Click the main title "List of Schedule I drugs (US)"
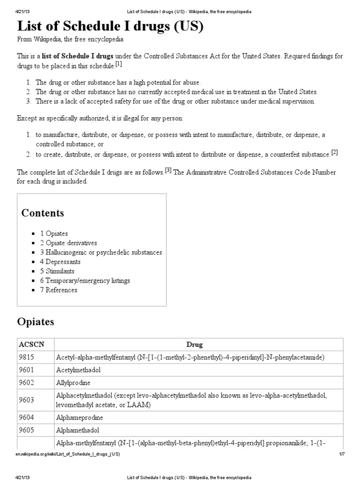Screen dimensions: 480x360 pyautogui.click(x=110, y=26)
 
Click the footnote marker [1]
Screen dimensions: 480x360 pyautogui.click(x=119, y=64)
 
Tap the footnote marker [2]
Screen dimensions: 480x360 pyautogui.click(x=334, y=152)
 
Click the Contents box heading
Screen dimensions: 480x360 pyautogui.click(x=43, y=213)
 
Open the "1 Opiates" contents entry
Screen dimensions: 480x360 pyautogui.click(x=54, y=233)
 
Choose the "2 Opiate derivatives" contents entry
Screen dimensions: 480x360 pyautogui.click(x=68, y=243)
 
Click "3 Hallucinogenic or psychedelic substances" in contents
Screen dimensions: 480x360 pyautogui.click(x=101, y=252)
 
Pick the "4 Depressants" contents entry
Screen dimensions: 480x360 pyautogui.click(x=60, y=262)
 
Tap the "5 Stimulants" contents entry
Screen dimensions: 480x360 pyautogui.click(x=57, y=271)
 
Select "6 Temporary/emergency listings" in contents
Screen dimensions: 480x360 pyautogui.click(x=85, y=280)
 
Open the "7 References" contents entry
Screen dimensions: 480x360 pyautogui.click(x=59, y=290)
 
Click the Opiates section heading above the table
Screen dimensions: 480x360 pyautogui.click(x=36, y=322)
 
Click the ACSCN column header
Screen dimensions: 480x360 pyautogui.click(x=30, y=345)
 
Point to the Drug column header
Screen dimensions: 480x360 pyautogui.click(x=195, y=345)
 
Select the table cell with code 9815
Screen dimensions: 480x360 pyautogui.click(x=26, y=358)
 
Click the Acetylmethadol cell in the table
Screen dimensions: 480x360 pyautogui.click(x=78, y=370)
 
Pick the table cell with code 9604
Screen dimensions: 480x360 pyautogui.click(x=26, y=417)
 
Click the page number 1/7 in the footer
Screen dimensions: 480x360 pyautogui.click(x=341, y=455)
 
